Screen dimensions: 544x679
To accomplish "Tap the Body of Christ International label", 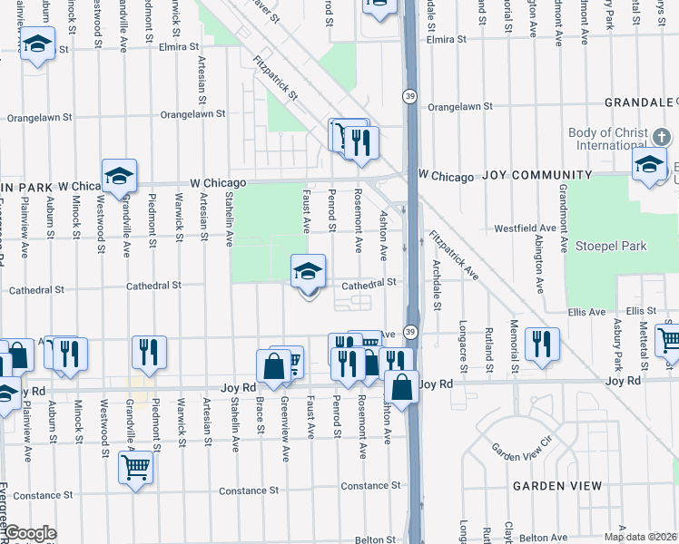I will [608, 139].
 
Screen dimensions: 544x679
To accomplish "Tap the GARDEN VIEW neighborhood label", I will [557, 486].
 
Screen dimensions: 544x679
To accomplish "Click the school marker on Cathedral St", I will [308, 272].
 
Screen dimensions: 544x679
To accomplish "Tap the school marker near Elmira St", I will [37, 44].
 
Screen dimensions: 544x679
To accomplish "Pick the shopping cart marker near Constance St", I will [135, 468].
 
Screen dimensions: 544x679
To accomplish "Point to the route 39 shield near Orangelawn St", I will [410, 97].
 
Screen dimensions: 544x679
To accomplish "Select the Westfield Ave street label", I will [523, 228].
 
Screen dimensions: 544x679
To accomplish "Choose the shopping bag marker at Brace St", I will [273, 366].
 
